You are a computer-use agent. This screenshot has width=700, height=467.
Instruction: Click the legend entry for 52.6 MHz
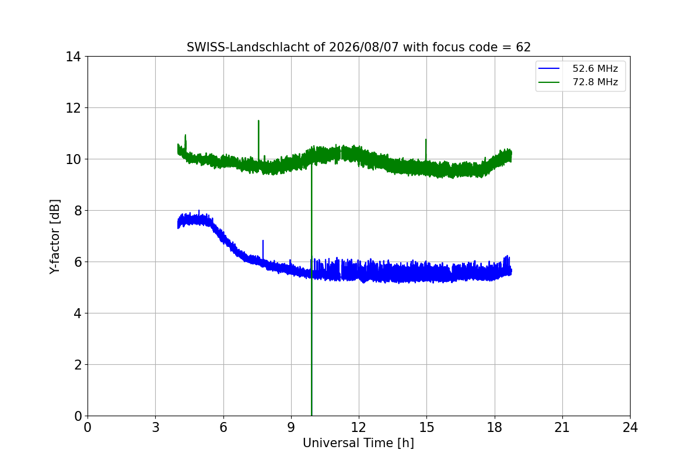point(578,68)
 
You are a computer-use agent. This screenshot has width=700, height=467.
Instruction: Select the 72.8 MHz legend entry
point(578,82)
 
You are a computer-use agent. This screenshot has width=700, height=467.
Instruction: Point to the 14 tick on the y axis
point(73,57)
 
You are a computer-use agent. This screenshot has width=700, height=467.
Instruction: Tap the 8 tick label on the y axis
point(78,211)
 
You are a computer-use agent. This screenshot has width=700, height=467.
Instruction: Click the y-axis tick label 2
point(78,365)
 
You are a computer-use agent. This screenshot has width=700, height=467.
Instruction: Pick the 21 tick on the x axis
point(562,427)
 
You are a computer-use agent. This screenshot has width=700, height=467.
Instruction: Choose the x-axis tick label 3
point(156,427)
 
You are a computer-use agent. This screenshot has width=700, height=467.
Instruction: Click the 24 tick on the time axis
point(630,427)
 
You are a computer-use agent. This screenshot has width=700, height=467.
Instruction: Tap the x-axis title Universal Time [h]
point(358,443)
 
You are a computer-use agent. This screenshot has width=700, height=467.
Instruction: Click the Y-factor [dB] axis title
point(55,236)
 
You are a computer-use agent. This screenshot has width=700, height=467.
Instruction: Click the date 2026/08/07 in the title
point(364,47)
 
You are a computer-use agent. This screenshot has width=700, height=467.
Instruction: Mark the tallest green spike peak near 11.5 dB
point(259,120)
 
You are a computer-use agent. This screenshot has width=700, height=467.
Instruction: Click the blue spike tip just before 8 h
point(263,241)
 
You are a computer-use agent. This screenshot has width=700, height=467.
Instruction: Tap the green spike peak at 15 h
point(426,140)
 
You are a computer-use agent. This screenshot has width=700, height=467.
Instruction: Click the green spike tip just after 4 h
point(185,135)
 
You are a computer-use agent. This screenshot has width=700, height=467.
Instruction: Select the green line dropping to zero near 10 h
point(311,290)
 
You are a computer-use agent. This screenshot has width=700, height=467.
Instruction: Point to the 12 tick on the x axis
point(359,427)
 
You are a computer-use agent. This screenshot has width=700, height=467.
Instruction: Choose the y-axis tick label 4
point(78,313)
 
